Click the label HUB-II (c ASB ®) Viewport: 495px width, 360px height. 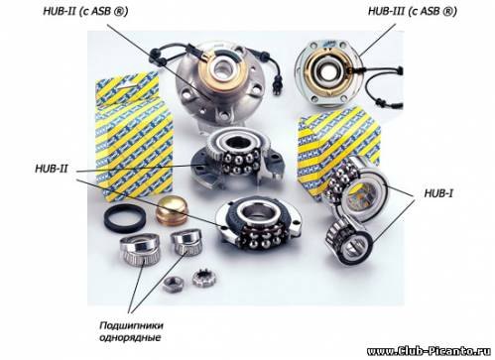(x=85, y=12)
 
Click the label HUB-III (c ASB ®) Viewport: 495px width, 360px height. (x=413, y=12)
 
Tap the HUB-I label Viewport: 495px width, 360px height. (x=438, y=193)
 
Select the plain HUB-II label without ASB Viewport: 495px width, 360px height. (x=52, y=169)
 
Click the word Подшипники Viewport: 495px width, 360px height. (x=132, y=325)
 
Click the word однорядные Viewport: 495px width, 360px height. (x=130, y=338)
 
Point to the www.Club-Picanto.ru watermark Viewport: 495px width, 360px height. (x=429, y=351)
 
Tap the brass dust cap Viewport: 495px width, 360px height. (x=172, y=210)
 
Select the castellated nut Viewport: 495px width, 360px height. (x=204, y=278)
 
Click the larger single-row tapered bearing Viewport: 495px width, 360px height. (x=140, y=249)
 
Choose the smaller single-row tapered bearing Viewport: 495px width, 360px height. (x=186, y=243)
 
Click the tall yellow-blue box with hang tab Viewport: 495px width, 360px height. (x=133, y=136)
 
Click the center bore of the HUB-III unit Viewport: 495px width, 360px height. (x=327, y=70)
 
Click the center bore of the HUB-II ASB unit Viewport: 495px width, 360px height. (x=222, y=68)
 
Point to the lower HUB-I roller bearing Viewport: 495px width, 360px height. (x=349, y=240)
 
